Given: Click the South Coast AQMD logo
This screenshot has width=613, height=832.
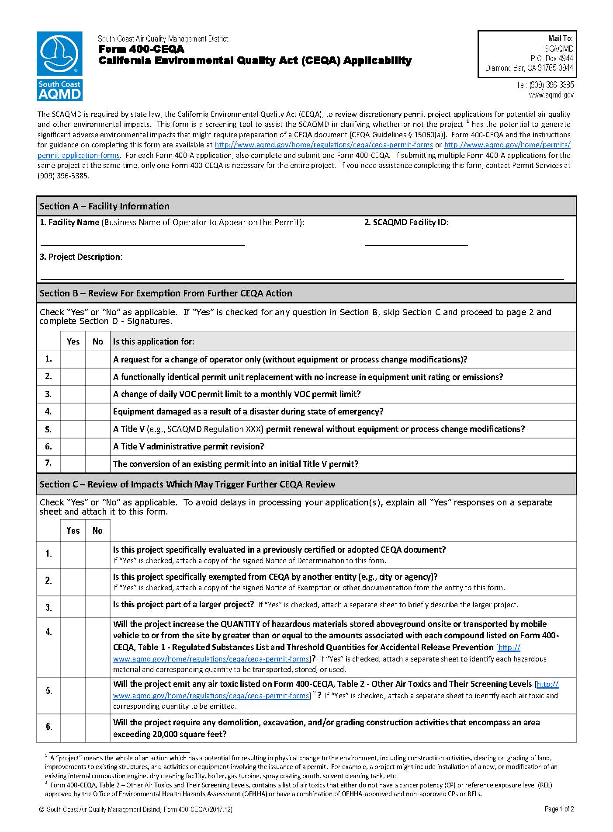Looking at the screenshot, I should pos(59,66).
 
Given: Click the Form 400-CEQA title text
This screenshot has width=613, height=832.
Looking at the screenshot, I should pos(141,49).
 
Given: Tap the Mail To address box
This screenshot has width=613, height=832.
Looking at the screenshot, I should pos(527,54).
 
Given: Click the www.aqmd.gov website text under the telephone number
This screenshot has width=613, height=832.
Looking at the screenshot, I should pos(551,95).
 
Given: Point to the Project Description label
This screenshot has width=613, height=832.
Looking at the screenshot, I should pos(81,257).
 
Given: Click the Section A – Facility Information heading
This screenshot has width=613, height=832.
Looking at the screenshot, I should pos(104,206).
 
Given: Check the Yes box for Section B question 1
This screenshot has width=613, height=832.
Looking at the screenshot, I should pos(73,359).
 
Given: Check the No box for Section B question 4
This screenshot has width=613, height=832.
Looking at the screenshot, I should pos(98,412).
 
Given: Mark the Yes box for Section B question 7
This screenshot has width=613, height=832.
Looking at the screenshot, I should pos(73,464).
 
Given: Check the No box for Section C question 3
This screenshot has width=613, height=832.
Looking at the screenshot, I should pos(98,607).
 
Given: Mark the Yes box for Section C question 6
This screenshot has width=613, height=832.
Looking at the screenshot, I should pos(73,728).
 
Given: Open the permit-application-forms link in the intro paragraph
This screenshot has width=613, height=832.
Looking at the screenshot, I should pos(79,155).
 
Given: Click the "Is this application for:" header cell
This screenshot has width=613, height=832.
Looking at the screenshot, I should pos(154,341).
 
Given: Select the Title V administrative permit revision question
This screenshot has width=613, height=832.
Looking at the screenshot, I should pos(188,446).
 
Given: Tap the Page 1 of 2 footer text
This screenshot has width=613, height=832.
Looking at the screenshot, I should pos(559,809).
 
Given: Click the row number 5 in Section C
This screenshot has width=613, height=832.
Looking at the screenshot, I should pos(49,691).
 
